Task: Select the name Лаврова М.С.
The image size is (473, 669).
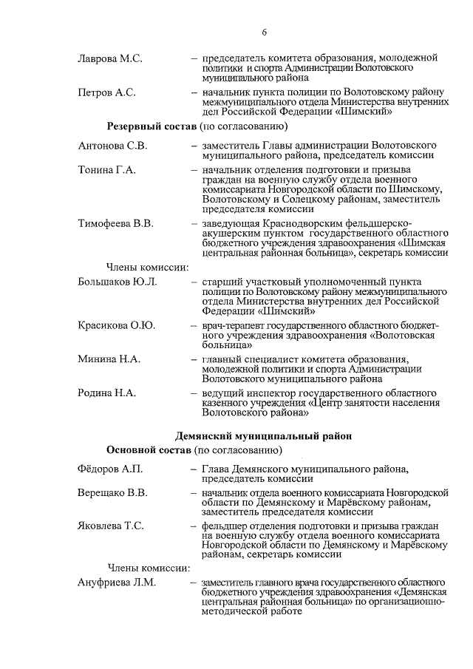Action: (x=109, y=58)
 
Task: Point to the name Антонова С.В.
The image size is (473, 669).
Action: (x=112, y=146)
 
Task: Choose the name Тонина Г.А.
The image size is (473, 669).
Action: (x=106, y=170)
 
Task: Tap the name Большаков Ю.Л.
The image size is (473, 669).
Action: (x=117, y=282)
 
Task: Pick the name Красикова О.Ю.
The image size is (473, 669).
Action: (x=116, y=325)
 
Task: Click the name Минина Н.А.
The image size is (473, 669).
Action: (x=109, y=359)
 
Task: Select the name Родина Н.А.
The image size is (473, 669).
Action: (x=106, y=393)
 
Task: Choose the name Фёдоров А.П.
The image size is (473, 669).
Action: (x=109, y=469)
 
